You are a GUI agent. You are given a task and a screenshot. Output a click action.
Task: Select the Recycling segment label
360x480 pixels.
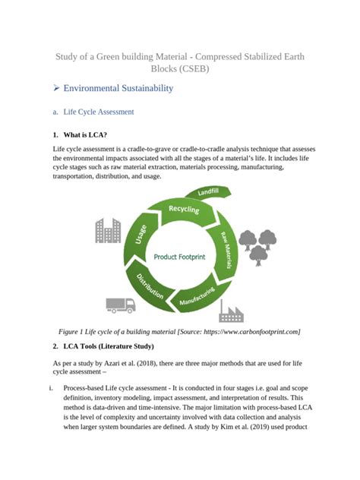click(x=185, y=208)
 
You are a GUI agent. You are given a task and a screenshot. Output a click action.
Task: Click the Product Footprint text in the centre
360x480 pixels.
click(x=181, y=257)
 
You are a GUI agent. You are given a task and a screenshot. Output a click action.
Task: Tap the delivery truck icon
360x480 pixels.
click(x=119, y=304)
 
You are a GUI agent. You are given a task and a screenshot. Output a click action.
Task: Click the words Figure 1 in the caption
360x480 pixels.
click(x=74, y=331)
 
